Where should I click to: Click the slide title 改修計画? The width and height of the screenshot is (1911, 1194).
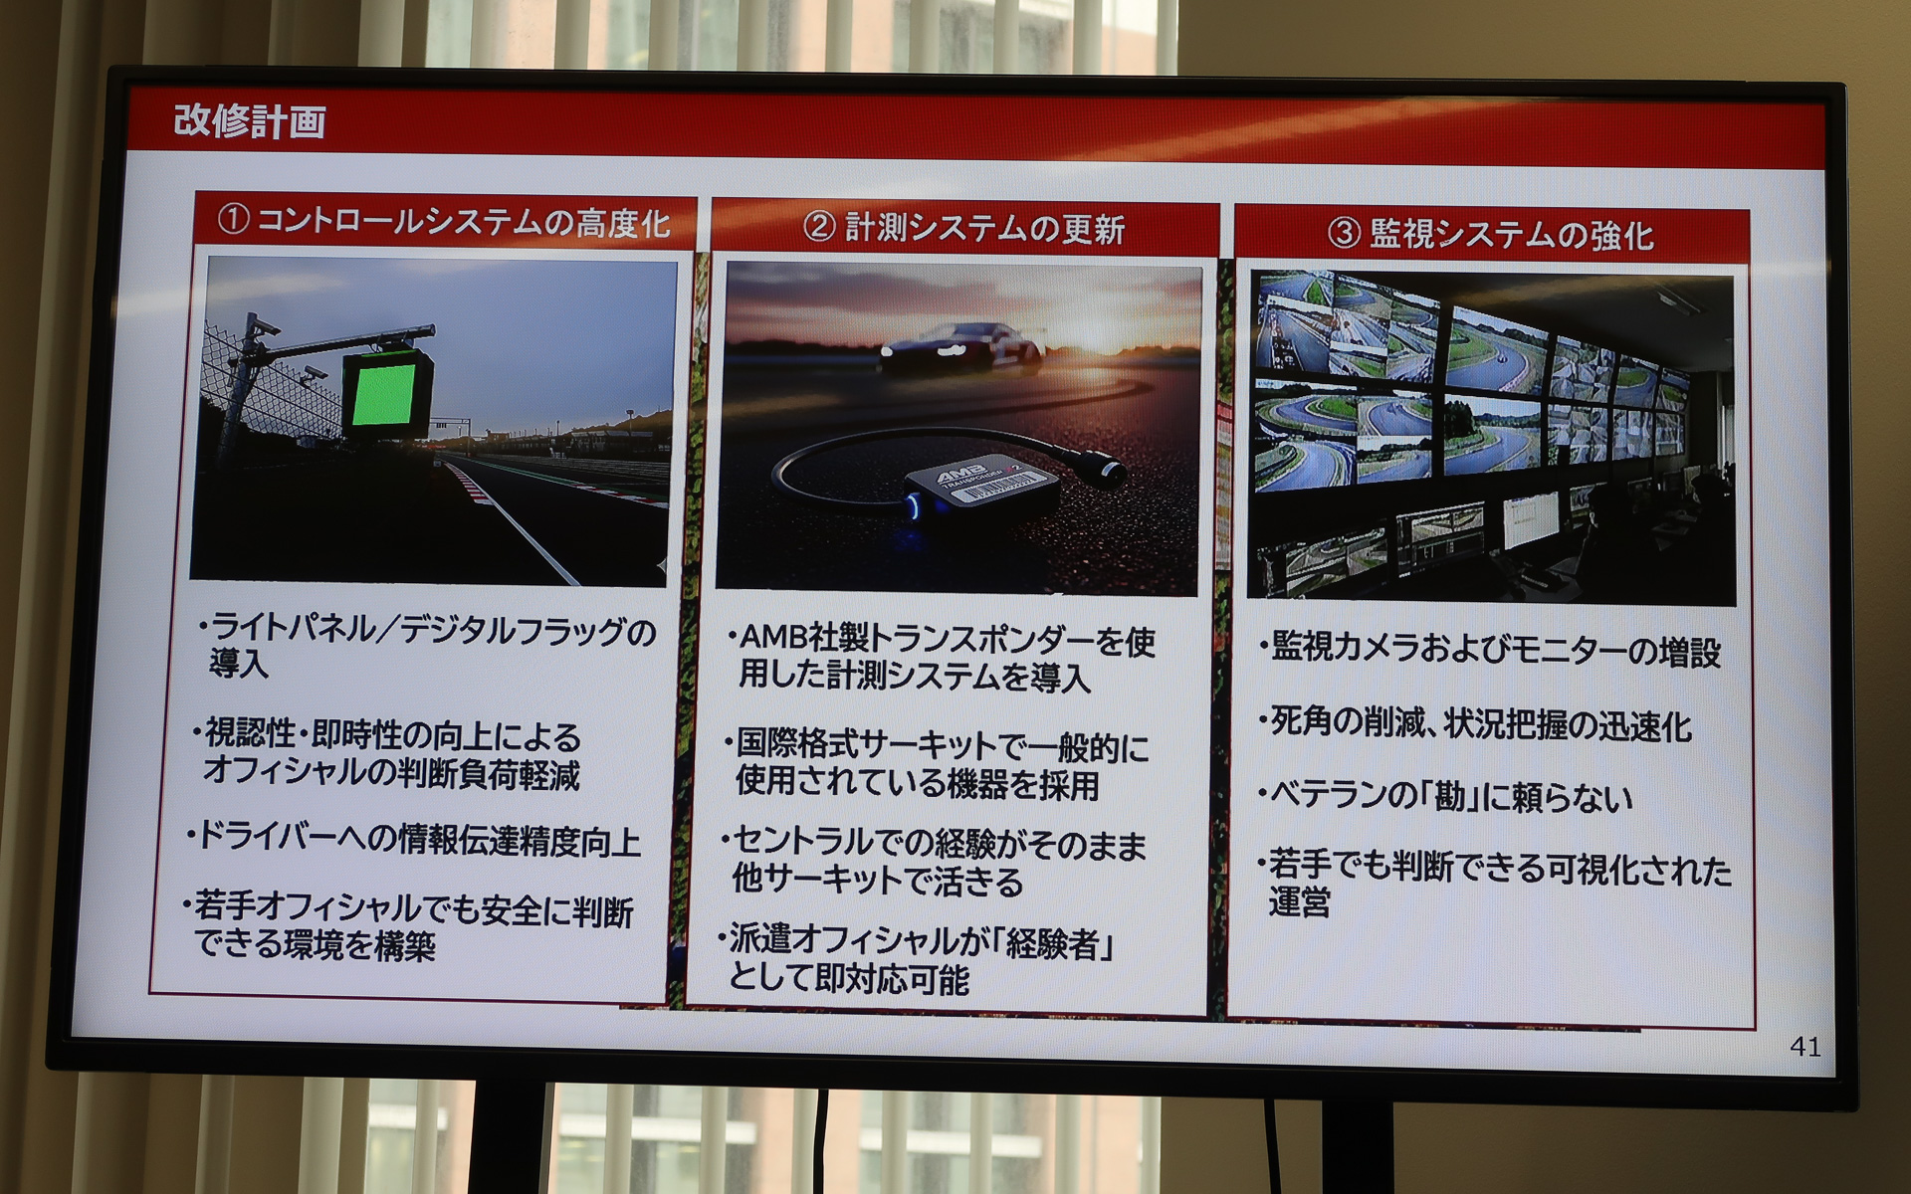click(250, 121)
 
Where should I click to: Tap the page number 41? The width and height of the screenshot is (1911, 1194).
click(1805, 1046)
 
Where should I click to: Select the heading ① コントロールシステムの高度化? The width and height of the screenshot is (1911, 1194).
click(444, 222)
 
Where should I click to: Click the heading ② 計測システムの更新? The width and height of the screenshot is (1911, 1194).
click(963, 228)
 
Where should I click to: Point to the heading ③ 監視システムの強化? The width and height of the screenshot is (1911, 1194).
click(1490, 234)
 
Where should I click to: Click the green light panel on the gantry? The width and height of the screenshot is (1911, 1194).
click(385, 394)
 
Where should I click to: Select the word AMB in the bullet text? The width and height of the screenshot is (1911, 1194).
click(773, 638)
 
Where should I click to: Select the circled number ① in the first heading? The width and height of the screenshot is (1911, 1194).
click(233, 219)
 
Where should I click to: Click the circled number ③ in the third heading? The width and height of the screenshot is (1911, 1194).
click(1344, 234)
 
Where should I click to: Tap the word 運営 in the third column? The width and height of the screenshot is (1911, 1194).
click(1299, 903)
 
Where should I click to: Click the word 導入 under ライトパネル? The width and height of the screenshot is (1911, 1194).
click(239, 665)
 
